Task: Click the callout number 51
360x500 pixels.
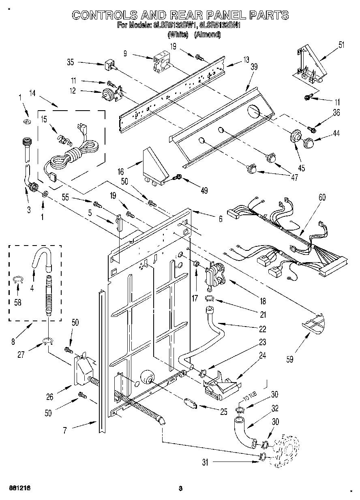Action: click(341, 45)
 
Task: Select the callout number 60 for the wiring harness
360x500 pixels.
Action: click(322, 198)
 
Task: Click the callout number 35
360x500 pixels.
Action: click(71, 62)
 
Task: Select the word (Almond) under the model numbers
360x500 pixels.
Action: click(207, 35)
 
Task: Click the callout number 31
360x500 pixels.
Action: click(205, 462)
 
